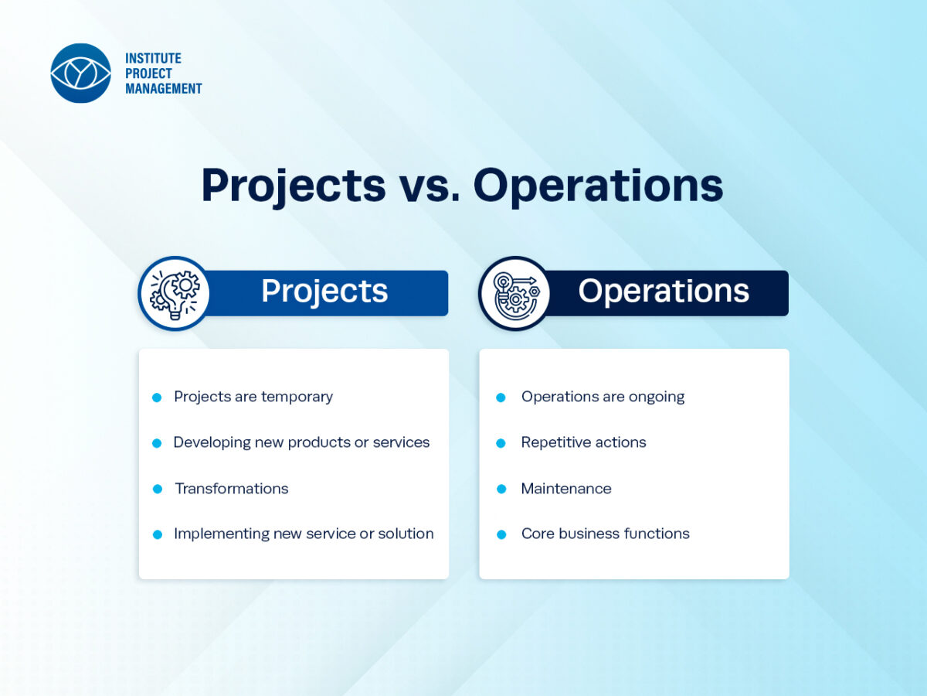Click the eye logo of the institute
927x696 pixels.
80,73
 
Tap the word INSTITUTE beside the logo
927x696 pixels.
153,58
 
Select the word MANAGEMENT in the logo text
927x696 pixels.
164,89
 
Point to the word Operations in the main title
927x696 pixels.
598,187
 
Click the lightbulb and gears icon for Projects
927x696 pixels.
175,294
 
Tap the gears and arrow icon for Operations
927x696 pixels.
515,294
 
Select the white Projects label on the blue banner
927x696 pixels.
324,292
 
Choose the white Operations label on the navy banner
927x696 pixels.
664,292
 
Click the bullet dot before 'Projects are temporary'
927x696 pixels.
157,397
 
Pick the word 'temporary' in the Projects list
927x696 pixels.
297,397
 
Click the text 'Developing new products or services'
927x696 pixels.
301,442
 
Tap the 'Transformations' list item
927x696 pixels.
232,489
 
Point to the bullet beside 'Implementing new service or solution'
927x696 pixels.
158,534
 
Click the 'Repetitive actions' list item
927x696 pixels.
584,442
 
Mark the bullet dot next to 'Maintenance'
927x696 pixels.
501,489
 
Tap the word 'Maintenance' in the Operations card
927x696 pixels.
566,489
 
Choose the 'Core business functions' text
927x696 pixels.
606,534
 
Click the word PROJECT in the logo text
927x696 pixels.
148,73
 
